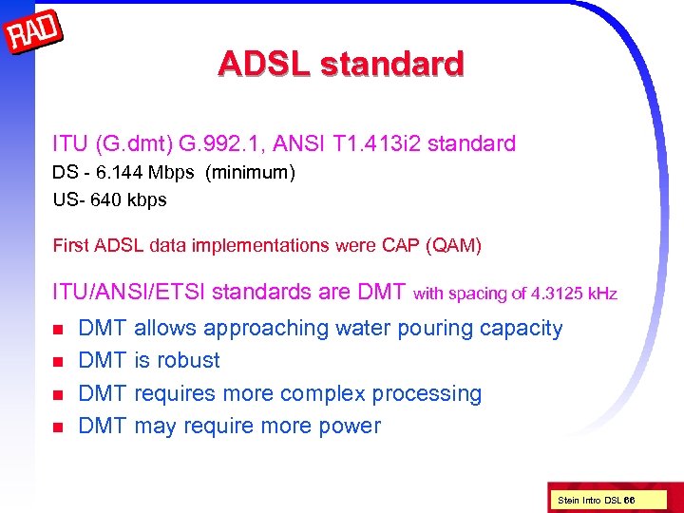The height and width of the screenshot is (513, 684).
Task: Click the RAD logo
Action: pyautogui.click(x=34, y=34)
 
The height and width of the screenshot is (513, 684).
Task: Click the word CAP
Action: pyautogui.click(x=400, y=246)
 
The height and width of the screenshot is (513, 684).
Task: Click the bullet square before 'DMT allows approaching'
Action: pyautogui.click(x=58, y=330)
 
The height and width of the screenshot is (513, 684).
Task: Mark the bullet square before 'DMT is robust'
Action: pyautogui.click(x=58, y=362)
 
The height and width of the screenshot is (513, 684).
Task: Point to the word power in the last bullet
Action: pyautogui.click(x=351, y=426)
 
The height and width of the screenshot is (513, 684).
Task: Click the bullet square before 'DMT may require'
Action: pyautogui.click(x=58, y=427)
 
